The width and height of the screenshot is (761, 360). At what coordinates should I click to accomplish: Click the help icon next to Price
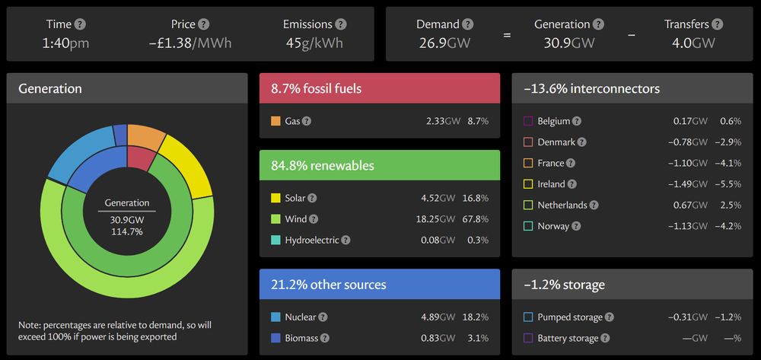click(x=203, y=25)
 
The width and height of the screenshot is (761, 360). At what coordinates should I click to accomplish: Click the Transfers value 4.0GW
click(x=693, y=43)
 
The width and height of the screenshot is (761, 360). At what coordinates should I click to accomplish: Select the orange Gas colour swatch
click(x=275, y=121)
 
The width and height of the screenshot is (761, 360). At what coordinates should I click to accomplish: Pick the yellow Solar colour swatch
click(x=275, y=198)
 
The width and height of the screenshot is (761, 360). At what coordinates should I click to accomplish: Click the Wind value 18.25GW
click(x=441, y=219)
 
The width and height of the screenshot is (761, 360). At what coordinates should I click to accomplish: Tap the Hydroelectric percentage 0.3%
click(x=478, y=240)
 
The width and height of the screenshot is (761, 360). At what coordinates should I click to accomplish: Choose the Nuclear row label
click(x=300, y=317)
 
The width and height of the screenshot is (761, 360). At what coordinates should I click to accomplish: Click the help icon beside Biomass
click(x=325, y=338)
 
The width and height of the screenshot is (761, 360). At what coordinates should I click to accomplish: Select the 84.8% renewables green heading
click(x=379, y=165)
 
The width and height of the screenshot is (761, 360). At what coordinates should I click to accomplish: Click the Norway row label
click(x=553, y=226)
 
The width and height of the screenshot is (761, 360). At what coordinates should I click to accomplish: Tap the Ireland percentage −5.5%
click(x=728, y=184)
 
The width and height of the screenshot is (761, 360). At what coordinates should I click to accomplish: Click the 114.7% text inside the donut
click(x=127, y=231)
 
